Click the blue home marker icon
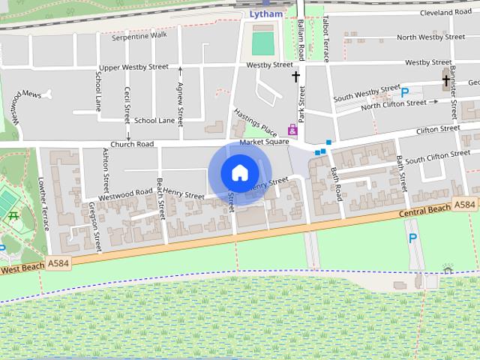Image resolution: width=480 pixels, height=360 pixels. click(239, 172)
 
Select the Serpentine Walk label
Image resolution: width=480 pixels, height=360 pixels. click(139, 35)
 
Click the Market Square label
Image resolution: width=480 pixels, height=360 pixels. click(264, 142)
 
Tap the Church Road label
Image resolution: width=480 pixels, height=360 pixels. click(132, 144)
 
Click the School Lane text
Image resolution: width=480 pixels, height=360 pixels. click(154, 120)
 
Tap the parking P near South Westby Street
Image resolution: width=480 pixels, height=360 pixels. click(405, 92)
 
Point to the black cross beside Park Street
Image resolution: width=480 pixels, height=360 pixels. click(296, 76)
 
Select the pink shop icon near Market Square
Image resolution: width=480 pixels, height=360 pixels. click(292, 130)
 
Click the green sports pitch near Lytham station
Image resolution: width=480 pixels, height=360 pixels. click(262, 43)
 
